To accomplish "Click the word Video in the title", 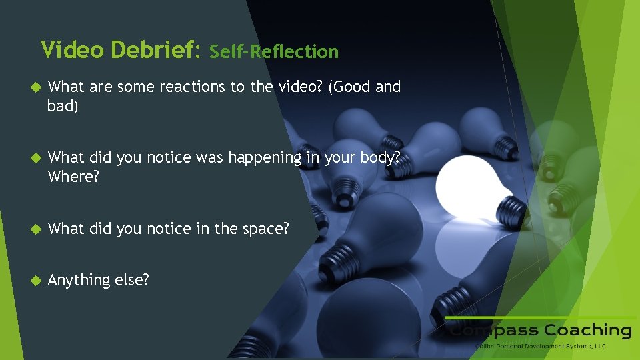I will pyautogui.click(x=73, y=49).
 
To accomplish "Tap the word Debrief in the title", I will pyautogui.click(x=155, y=49).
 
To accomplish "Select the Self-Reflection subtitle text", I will pyautogui.click(x=273, y=51).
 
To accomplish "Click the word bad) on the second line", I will pyautogui.click(x=63, y=107).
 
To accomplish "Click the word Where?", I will pyautogui.click(x=73, y=178).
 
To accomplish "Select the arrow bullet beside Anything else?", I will pyautogui.click(x=37, y=280).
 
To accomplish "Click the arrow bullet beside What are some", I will pyautogui.click(x=37, y=87).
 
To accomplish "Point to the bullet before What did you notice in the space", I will pyautogui.click(x=37, y=229).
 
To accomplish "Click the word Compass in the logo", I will pyautogui.click(x=493, y=331).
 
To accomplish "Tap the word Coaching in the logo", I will pyautogui.click(x=587, y=331).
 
